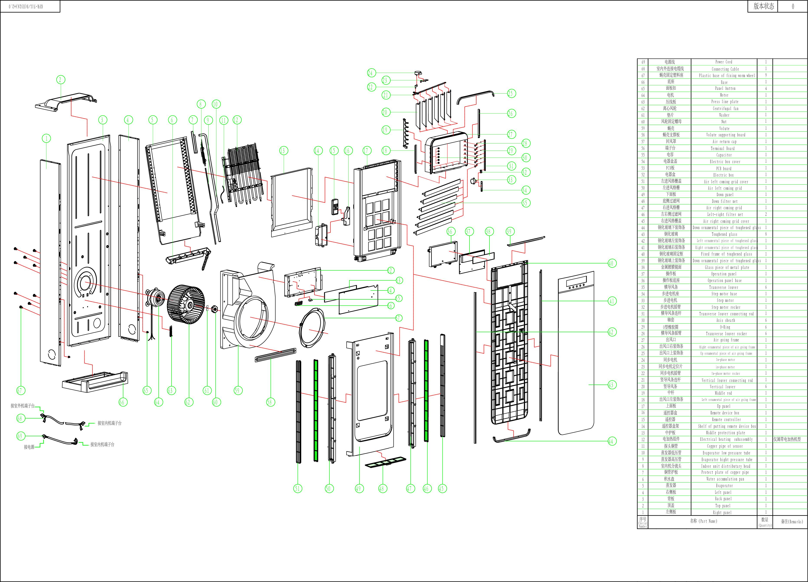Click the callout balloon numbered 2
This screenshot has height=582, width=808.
pos(60,80)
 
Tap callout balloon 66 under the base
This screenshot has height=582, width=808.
pos(122,402)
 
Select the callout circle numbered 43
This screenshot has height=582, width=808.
pos(611,385)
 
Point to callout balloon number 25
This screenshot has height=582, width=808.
pos(510,93)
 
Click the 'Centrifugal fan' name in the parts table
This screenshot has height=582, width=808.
pos(724,108)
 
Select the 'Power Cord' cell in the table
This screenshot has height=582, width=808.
pos(724,62)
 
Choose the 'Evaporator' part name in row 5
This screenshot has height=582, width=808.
pos(724,486)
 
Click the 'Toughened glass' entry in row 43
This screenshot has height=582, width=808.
pos(724,234)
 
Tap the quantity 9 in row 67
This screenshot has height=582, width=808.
pos(765,75)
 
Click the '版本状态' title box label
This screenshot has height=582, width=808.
pos(764,7)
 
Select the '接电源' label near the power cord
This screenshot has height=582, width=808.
pos(29,447)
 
